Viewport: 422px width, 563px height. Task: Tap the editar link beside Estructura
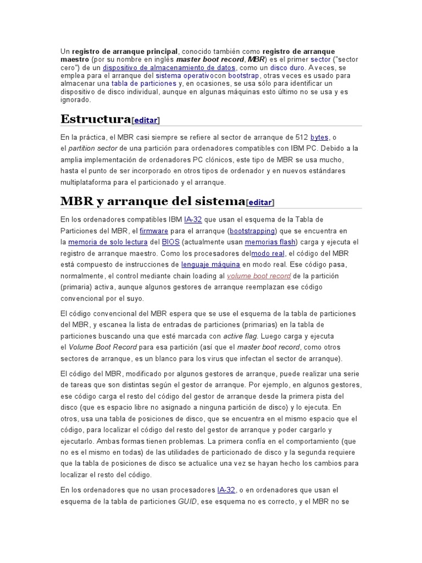146,120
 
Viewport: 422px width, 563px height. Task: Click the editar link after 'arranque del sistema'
260,202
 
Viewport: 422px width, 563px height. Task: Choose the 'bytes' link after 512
319,137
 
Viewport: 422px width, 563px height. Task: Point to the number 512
301,137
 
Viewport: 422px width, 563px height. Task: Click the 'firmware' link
154,231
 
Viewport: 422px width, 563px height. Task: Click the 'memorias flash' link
270,242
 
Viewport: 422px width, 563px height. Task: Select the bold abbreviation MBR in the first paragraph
256,59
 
